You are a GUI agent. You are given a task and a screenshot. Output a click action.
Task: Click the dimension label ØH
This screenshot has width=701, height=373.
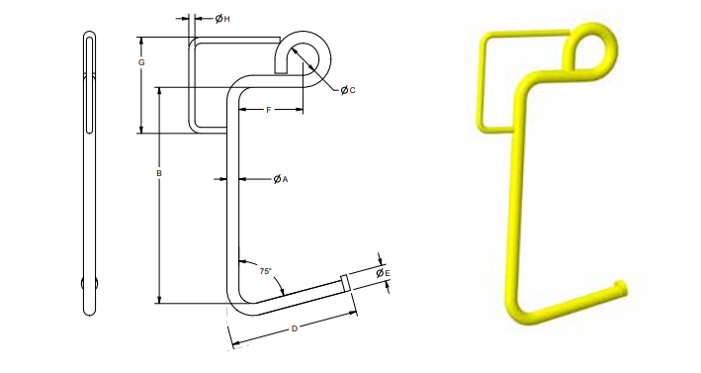point(222,19)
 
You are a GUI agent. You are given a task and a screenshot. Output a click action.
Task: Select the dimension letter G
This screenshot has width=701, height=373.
point(141,62)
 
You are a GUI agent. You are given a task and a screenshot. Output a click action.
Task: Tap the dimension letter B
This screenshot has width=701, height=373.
point(159,173)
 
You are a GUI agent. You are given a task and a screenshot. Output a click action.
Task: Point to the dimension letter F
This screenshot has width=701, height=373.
point(269,110)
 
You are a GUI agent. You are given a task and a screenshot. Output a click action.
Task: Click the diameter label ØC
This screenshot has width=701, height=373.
point(348,90)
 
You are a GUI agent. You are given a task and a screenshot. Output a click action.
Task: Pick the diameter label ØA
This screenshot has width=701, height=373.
point(281,179)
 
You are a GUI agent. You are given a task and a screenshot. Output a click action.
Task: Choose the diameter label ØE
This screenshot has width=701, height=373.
point(384,273)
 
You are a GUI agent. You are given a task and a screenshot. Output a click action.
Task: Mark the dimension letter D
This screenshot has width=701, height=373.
point(295,329)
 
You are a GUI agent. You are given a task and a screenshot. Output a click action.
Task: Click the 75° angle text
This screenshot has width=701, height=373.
point(266,271)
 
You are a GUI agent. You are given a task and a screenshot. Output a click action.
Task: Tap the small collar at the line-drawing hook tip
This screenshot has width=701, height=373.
point(345,283)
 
